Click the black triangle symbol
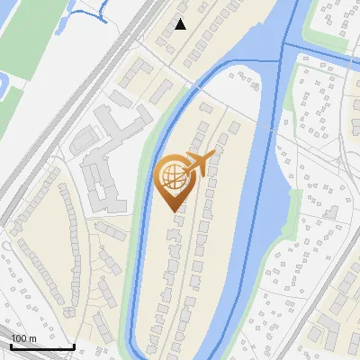tap(181, 24)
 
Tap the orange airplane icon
tap(200, 163)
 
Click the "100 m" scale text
tap(23, 338)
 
